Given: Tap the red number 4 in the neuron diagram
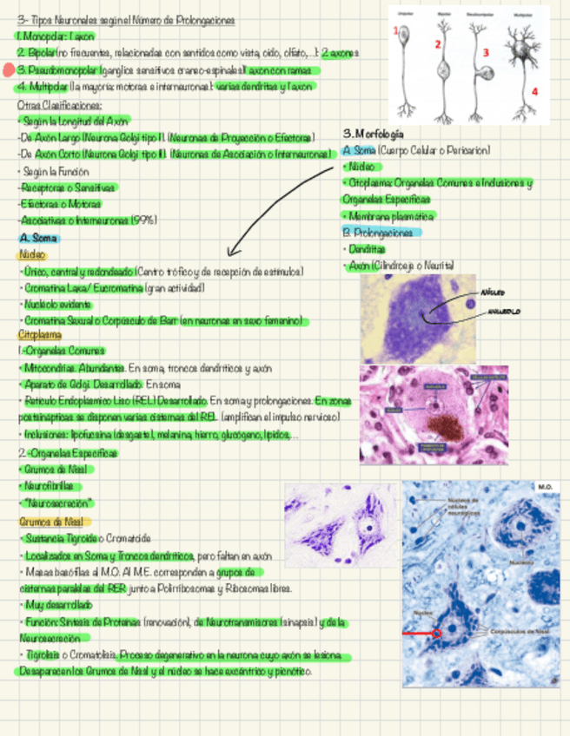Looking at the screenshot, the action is coord(535,90).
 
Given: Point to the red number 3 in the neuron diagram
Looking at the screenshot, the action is coord(486,52).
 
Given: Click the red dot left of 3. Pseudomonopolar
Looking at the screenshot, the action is coord(8,70).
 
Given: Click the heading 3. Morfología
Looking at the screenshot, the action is coord(374,134).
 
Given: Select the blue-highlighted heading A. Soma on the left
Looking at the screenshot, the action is coord(38,238).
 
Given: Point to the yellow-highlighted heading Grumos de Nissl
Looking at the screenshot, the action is coord(51,522).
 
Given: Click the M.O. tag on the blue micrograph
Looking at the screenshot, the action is coord(546,488).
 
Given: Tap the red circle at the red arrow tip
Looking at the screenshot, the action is coord(437,634).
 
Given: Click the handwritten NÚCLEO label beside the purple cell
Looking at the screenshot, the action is coord(492,292).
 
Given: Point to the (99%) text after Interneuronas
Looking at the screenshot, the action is coord(144,220).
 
